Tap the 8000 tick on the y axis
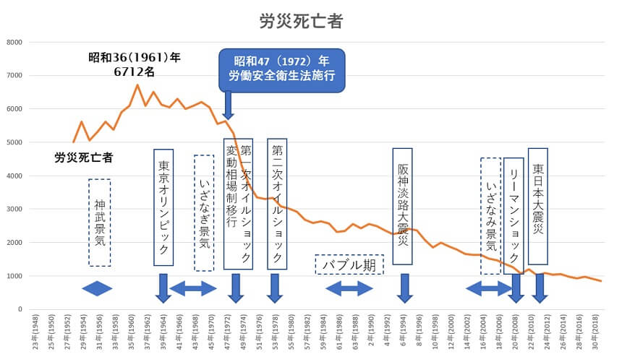click(15, 43)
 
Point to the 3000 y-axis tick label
click(15, 210)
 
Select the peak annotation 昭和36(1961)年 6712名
click(135, 64)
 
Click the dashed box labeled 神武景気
click(100, 223)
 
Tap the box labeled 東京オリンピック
click(163, 207)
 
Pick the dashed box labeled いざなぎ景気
click(204, 213)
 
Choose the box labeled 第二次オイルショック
click(277, 204)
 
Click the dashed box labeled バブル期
click(349, 264)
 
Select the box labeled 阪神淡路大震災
click(402, 206)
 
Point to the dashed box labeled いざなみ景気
click(490, 215)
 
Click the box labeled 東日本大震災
click(537, 206)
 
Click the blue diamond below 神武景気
click(98, 288)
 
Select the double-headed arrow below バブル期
click(349, 289)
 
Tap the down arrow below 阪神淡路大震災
click(404, 288)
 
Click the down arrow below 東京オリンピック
click(163, 288)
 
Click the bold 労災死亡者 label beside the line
click(84, 157)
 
